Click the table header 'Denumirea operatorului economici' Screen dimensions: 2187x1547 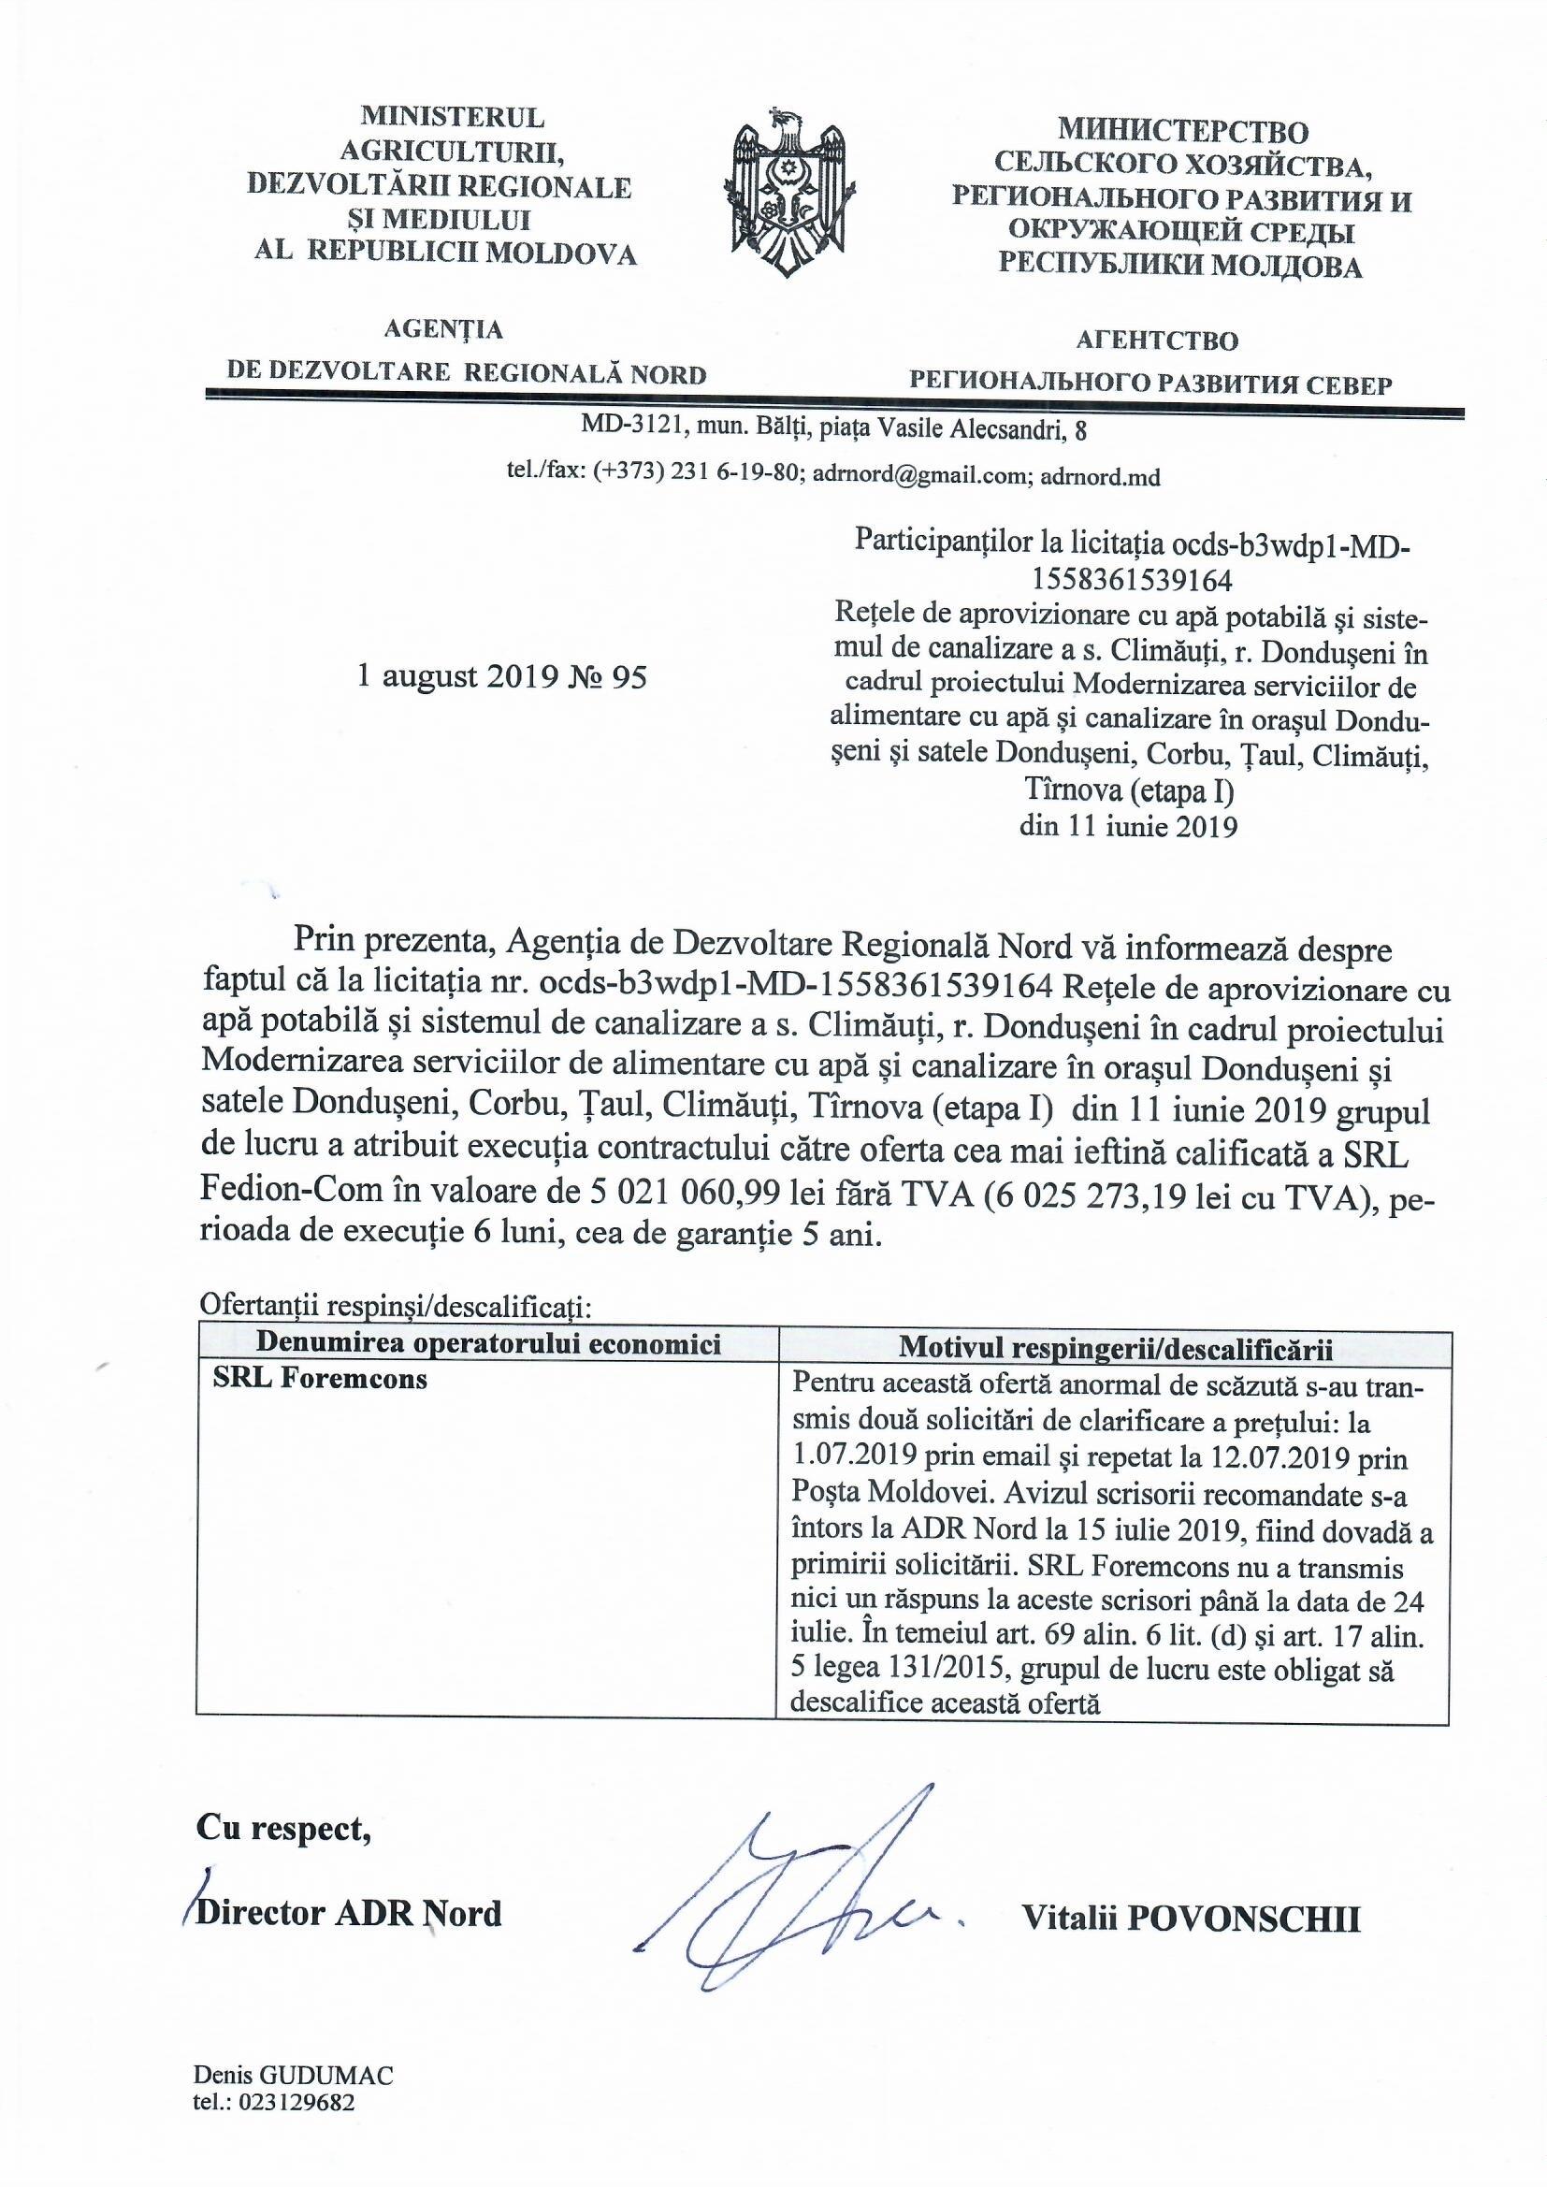point(488,1345)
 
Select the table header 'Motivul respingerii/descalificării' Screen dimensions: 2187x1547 point(1115,1349)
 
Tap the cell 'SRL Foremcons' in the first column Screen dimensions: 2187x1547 point(320,1379)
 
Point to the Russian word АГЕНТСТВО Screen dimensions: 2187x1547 point(1156,340)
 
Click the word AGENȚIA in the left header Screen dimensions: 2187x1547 point(442,329)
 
